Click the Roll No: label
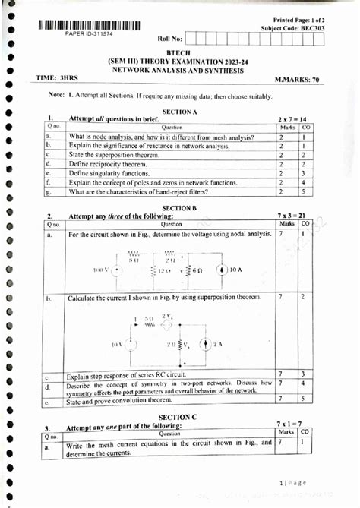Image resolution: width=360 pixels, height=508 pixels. (170, 37)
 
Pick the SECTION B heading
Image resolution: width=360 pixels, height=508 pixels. (179, 207)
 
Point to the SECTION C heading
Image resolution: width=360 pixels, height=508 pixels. (179, 417)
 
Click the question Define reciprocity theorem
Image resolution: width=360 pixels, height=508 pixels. (113, 163)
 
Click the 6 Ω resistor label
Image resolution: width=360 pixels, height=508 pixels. (194, 270)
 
